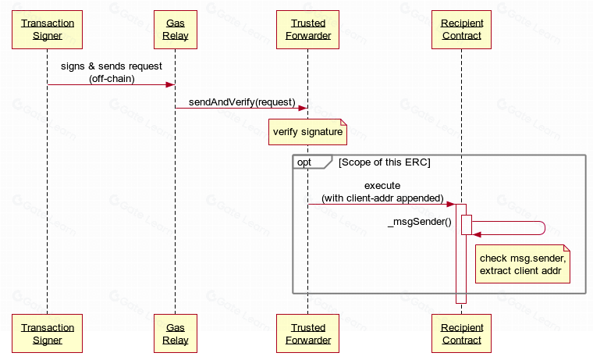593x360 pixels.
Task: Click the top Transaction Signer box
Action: (x=48, y=30)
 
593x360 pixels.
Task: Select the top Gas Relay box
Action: (x=176, y=30)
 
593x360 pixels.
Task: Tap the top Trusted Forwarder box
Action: (x=308, y=30)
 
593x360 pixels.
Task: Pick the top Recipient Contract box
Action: (x=461, y=30)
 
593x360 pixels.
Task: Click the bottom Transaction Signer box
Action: (x=48, y=333)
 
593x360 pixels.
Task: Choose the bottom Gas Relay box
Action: (x=176, y=333)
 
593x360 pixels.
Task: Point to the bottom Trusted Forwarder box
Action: (x=308, y=333)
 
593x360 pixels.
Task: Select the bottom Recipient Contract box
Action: (x=461, y=333)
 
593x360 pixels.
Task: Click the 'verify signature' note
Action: (x=307, y=132)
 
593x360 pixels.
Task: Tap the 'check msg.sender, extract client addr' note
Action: (x=522, y=264)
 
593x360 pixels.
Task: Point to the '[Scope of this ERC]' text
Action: (x=384, y=162)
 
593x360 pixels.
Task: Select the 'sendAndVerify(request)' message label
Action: (x=242, y=102)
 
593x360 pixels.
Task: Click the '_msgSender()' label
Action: (x=420, y=222)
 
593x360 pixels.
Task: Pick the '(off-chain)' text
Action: (x=112, y=79)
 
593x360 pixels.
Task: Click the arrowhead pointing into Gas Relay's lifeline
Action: (x=170, y=84)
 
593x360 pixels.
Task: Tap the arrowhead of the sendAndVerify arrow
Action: (x=303, y=109)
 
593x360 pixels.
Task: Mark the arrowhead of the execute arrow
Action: (x=451, y=205)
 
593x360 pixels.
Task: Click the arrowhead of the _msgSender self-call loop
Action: (x=477, y=235)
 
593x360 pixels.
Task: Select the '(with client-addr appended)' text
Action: (x=382, y=198)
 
